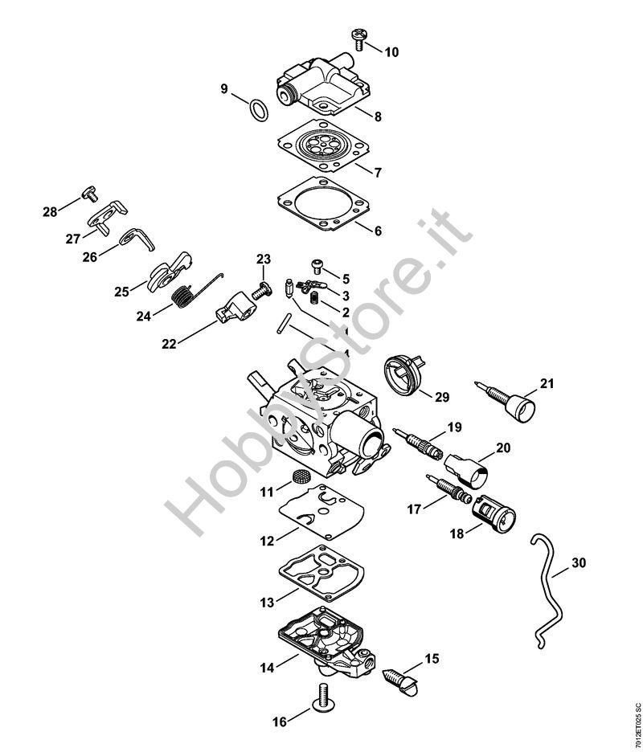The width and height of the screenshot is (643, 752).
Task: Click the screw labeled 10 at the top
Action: click(x=358, y=39)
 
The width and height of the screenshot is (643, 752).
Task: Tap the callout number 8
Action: click(x=378, y=116)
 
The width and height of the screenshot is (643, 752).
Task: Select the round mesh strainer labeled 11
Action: click(x=301, y=476)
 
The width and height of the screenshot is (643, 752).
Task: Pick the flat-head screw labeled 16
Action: click(x=325, y=709)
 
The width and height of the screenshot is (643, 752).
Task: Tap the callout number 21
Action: click(x=547, y=384)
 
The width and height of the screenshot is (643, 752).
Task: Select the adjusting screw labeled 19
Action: click(x=416, y=442)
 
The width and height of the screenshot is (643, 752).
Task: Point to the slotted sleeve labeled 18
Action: click(x=494, y=516)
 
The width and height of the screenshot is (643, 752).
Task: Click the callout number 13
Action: click(x=267, y=603)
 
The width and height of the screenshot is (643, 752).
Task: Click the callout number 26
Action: click(x=90, y=257)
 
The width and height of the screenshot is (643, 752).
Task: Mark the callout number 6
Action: click(x=378, y=231)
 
